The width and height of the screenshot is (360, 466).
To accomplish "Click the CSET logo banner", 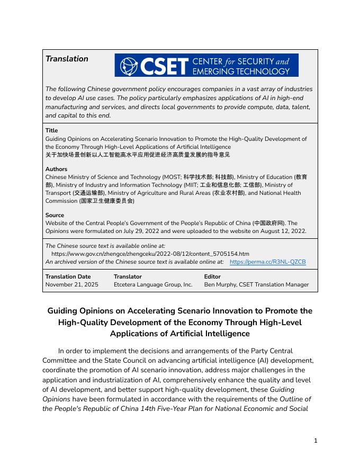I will (x=206, y=65).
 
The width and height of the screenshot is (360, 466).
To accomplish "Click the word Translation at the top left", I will (x=67, y=59).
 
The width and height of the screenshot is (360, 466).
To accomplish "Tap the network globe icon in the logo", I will (x=128, y=66).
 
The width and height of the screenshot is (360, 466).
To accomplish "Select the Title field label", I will (x=51, y=130).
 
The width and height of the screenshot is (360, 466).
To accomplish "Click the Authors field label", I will (x=56, y=169).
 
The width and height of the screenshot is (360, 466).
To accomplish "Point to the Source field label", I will (x=55, y=215).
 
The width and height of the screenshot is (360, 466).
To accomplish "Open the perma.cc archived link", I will (x=267, y=262).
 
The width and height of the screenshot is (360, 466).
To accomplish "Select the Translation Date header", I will (x=68, y=276).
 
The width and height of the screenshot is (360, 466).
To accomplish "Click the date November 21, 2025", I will (x=72, y=284).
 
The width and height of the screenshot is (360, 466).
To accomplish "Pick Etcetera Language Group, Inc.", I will (x=153, y=284).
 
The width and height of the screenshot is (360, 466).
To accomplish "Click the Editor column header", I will (x=212, y=276).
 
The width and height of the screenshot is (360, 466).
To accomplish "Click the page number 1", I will (x=316, y=440).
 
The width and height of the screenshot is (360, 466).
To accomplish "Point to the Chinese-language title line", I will (x=138, y=155).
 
